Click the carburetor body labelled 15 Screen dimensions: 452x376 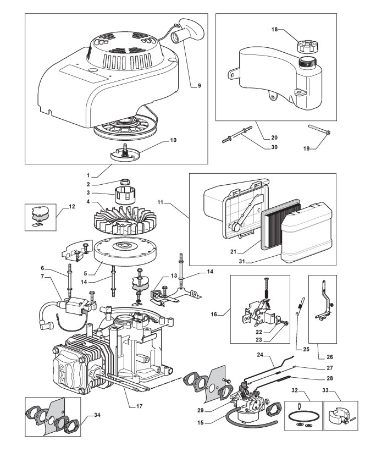tap(256, 404)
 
